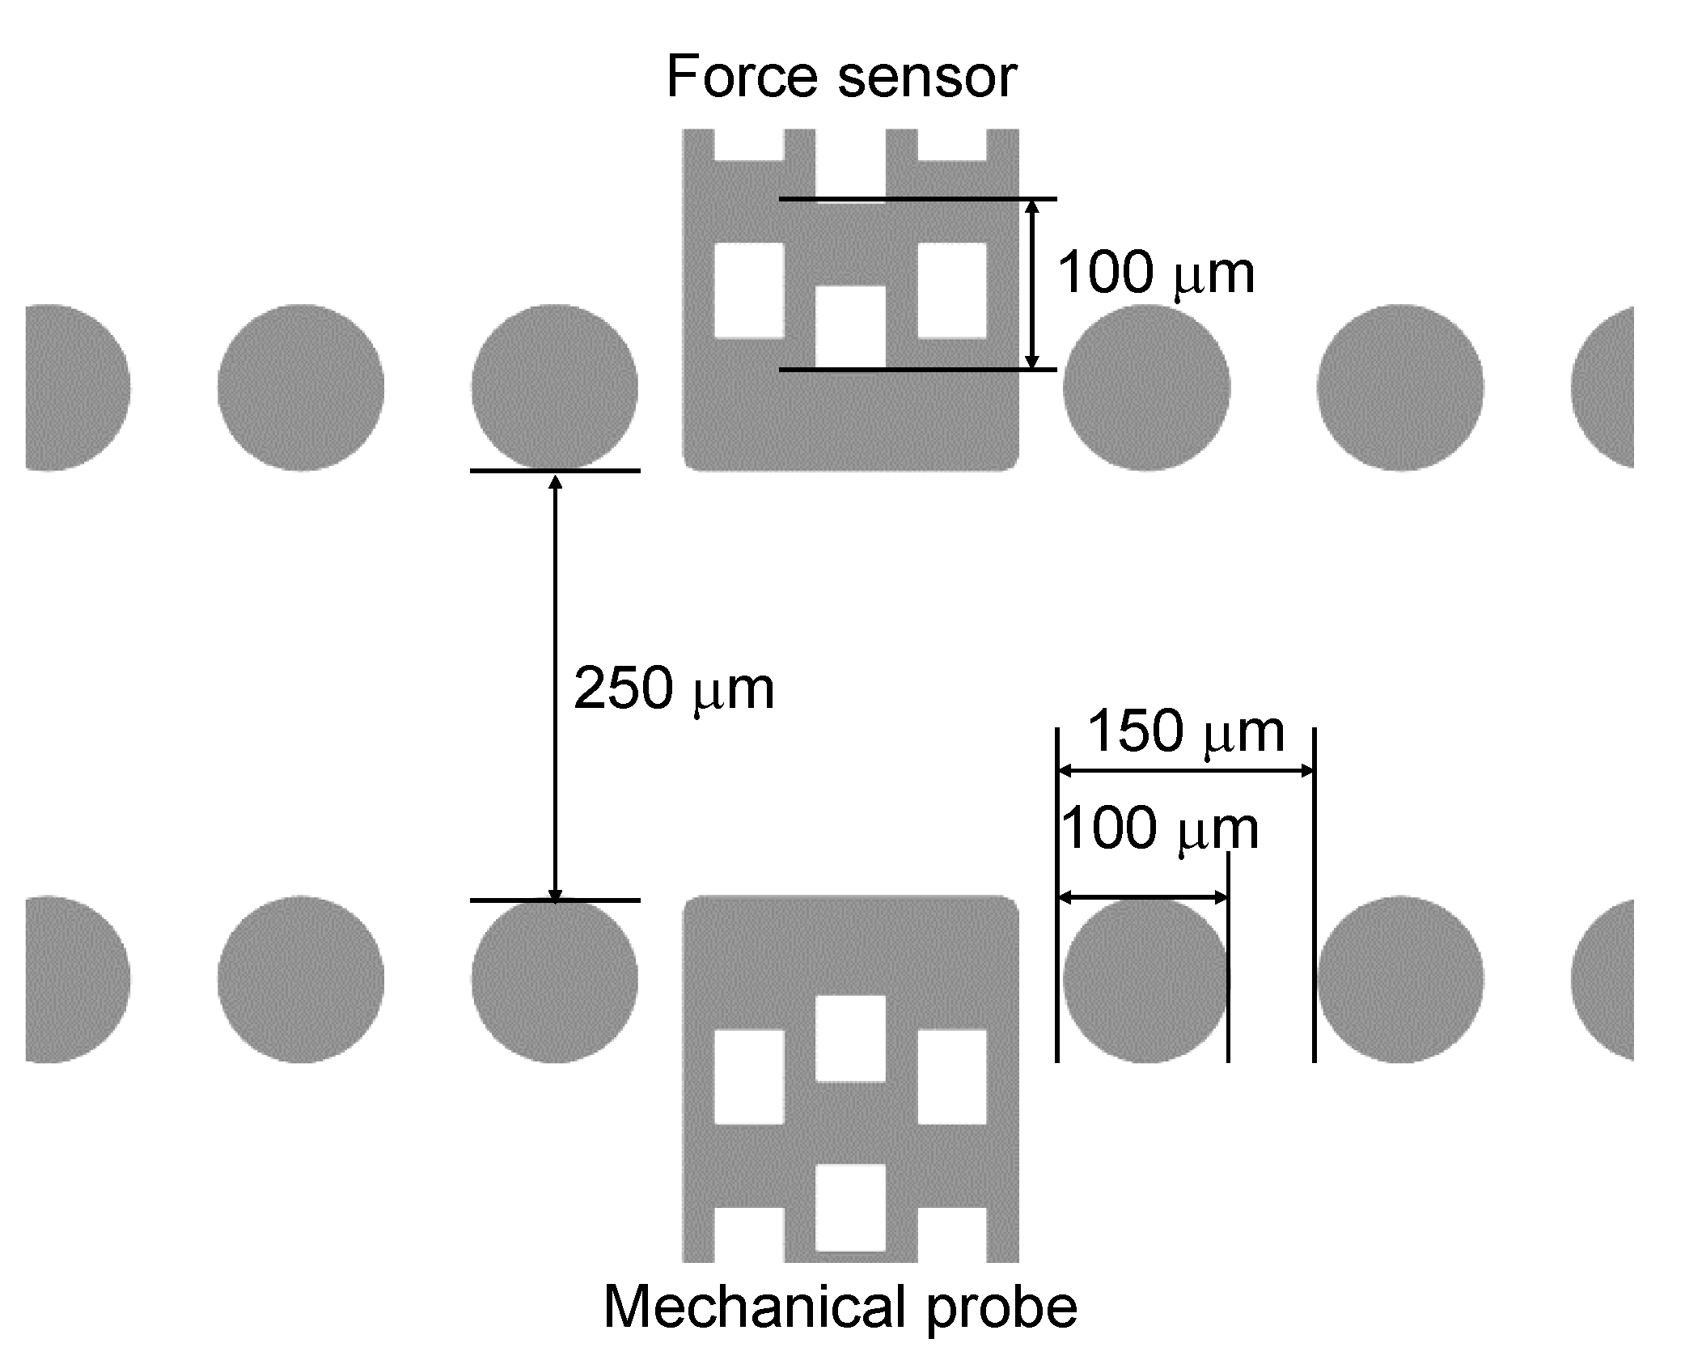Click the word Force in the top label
[x=742, y=78]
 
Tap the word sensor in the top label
[x=927, y=79]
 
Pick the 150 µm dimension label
[x=1186, y=732]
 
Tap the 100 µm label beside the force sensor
[x=1156, y=273]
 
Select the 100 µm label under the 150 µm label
[x=1158, y=830]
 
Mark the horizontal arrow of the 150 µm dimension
[x=1186, y=771]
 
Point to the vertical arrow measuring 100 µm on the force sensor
[x=1031, y=284]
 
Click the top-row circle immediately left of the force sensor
[x=555, y=388]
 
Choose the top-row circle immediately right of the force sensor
[x=1146, y=388]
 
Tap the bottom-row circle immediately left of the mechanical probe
[x=555, y=979]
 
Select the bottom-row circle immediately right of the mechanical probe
[x=1146, y=979]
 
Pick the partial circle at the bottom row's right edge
[x=1606, y=979]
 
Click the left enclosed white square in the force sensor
[x=749, y=290]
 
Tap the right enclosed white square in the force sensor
[x=952, y=290]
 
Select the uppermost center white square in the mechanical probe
[x=850, y=1039]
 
